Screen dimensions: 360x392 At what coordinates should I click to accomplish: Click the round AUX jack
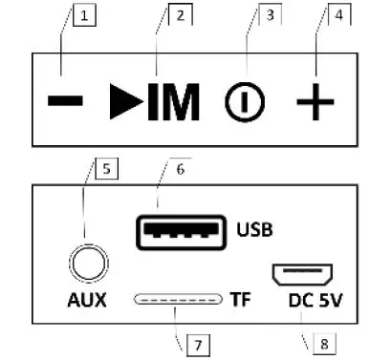pyautogui.click(x=85, y=259)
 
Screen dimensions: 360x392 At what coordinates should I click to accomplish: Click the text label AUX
pyautogui.click(x=86, y=300)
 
